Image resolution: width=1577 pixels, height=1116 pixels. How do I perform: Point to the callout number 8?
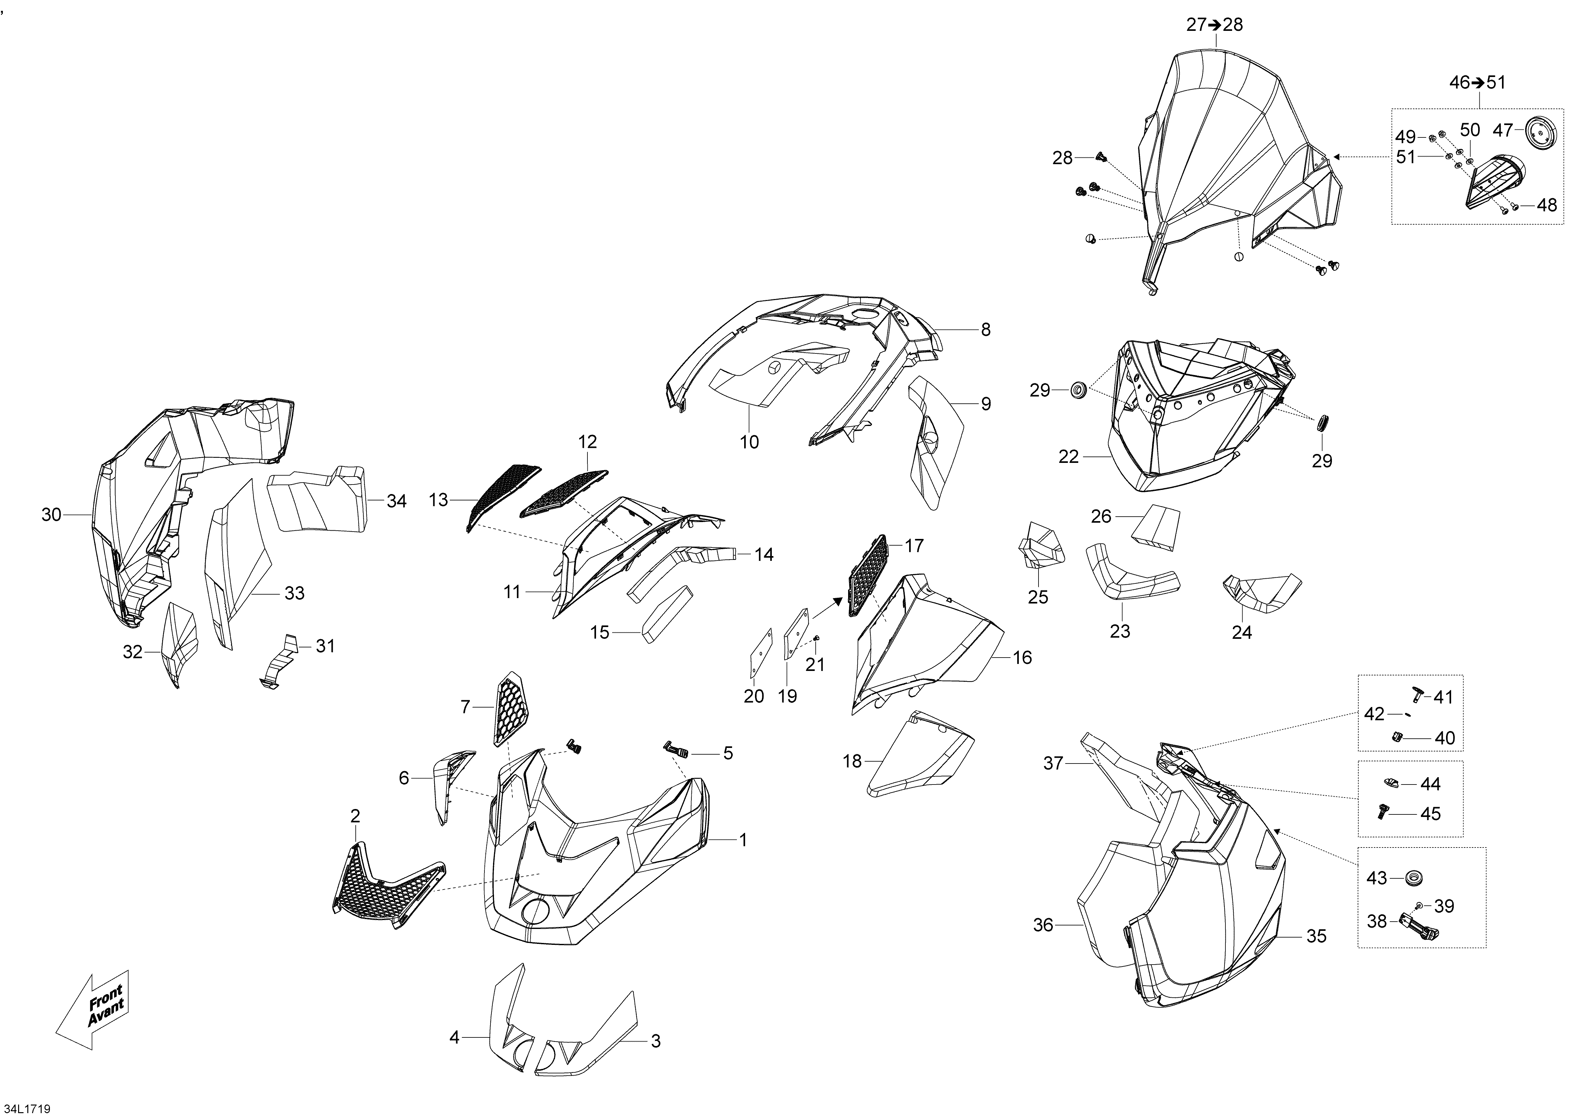(986, 330)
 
